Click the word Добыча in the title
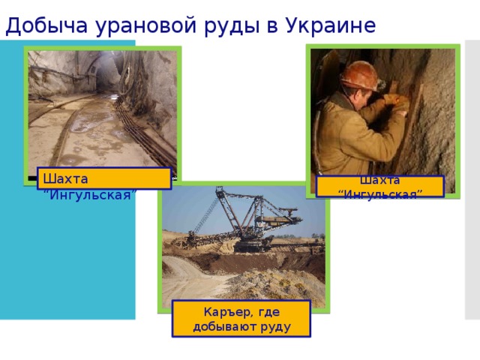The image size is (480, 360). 38,25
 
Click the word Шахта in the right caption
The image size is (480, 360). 379,180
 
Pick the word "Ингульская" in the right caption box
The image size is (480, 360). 379,194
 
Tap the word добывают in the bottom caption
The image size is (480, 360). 226,326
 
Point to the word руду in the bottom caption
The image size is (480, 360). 275,326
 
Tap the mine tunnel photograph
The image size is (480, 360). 102,105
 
